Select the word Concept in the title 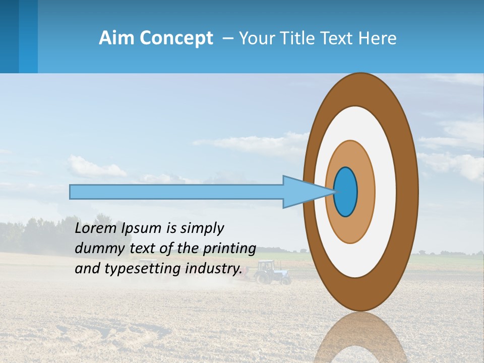pyautogui.click(x=176, y=38)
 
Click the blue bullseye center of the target pyautogui.click(x=346, y=192)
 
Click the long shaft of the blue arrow pyautogui.click(x=176, y=192)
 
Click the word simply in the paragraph pyautogui.click(x=202, y=228)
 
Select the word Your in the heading pyautogui.click(x=256, y=38)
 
